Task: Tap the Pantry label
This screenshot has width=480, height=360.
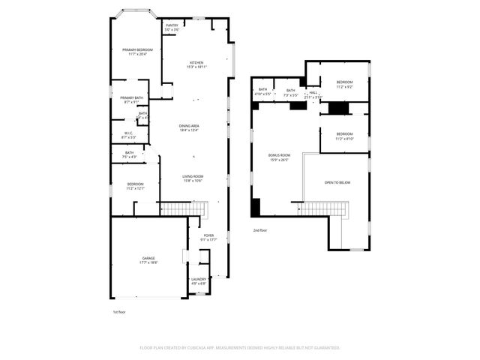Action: (x=172, y=25)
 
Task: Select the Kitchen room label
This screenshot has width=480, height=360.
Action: (x=196, y=62)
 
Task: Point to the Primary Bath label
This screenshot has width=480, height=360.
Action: (x=131, y=97)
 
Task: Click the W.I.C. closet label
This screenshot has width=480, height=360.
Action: (x=127, y=133)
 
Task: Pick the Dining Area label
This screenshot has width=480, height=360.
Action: (x=189, y=125)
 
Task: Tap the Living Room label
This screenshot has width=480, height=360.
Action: (x=193, y=176)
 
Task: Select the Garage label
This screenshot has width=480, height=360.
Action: (x=148, y=258)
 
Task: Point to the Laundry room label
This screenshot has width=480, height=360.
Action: (x=198, y=279)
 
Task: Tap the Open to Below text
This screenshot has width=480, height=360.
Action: (x=337, y=182)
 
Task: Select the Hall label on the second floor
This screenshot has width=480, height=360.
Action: (x=313, y=92)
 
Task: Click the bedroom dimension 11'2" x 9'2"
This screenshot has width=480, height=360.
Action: (x=344, y=88)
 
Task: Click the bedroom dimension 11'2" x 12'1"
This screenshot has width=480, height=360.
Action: (x=135, y=188)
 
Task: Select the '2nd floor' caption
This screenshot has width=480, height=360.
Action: (x=260, y=229)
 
